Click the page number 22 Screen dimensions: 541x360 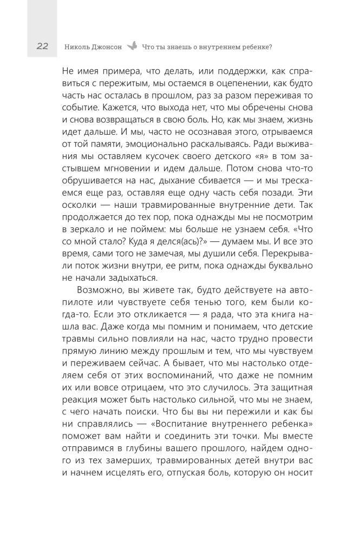[x=43, y=47]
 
